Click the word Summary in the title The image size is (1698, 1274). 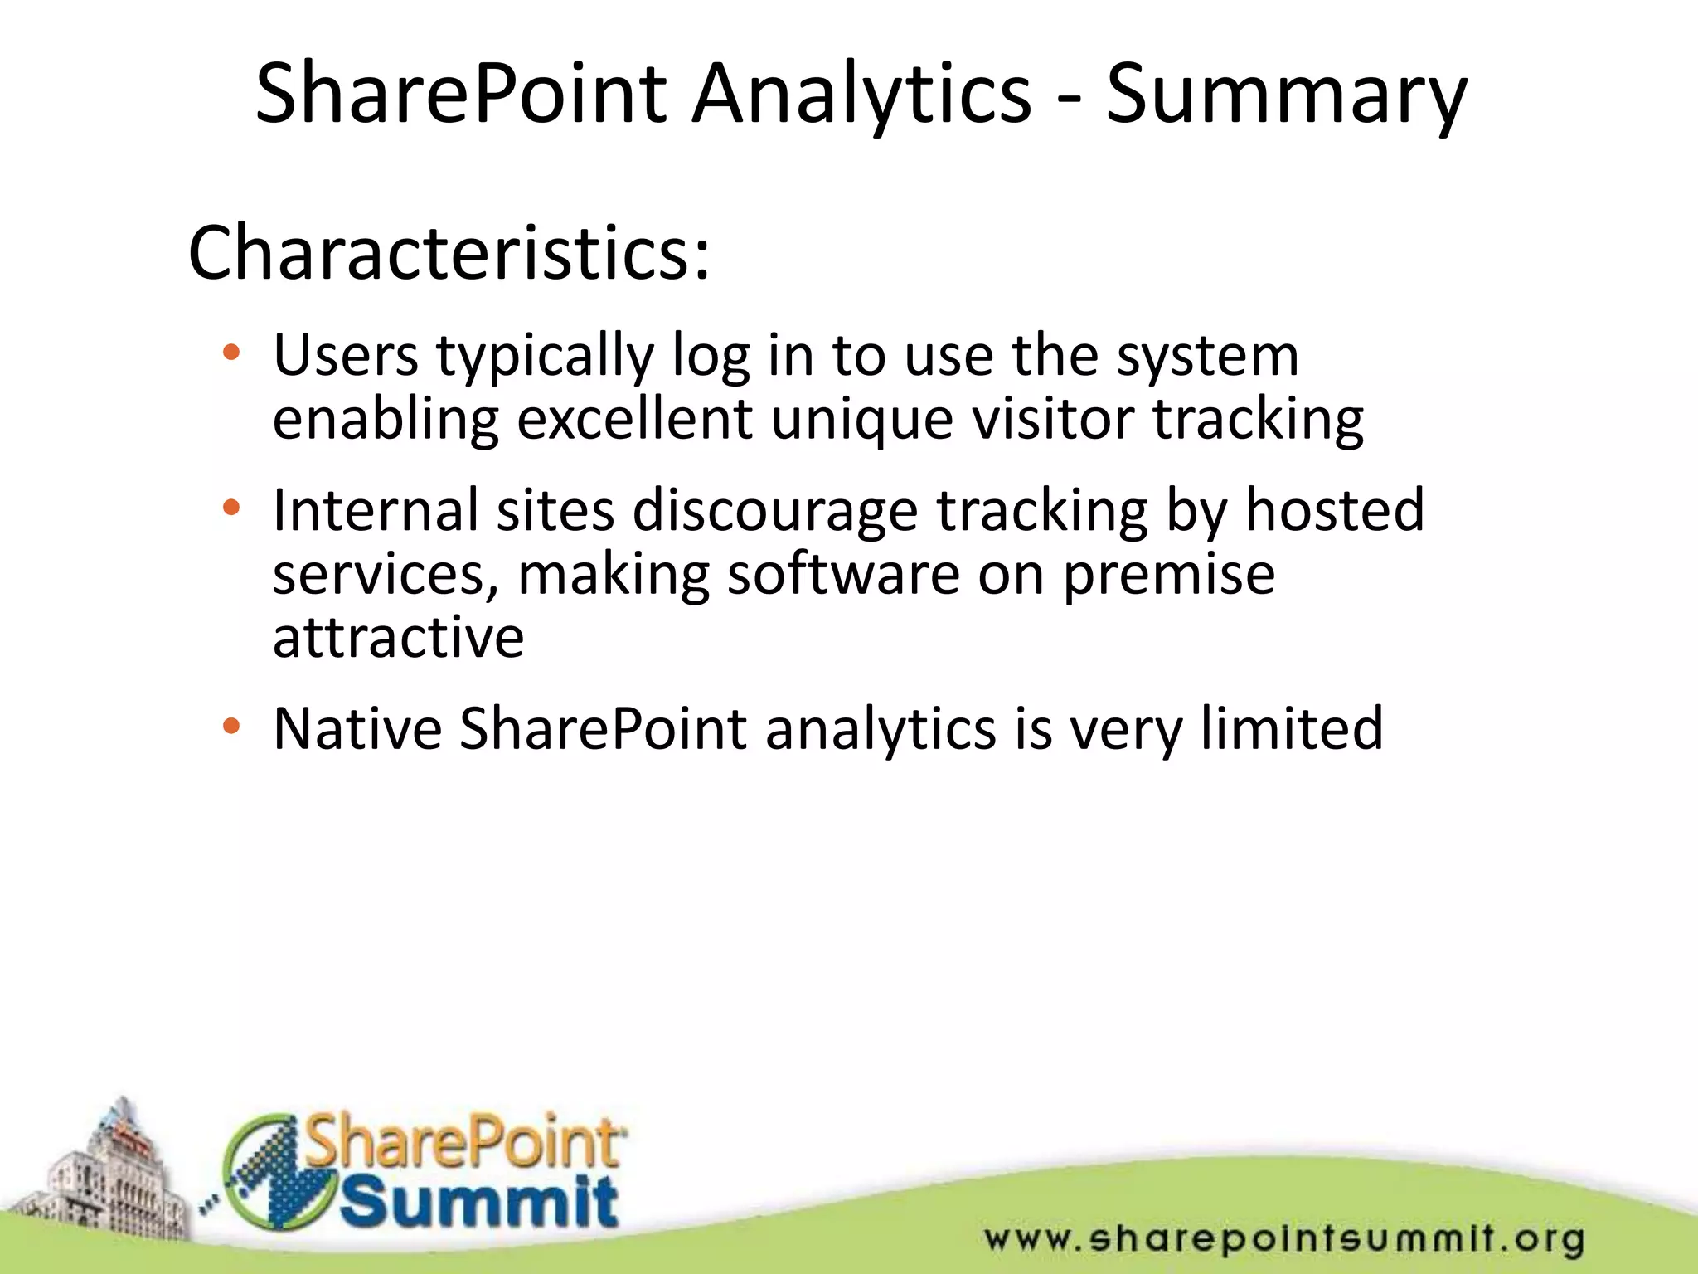[x=1286, y=94]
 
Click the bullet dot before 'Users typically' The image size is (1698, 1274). [x=231, y=353]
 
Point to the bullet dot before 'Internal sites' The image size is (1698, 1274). [x=231, y=507]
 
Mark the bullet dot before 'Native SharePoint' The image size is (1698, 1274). [x=231, y=727]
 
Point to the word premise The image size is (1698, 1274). [x=1169, y=575]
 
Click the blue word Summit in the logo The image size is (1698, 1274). [x=479, y=1202]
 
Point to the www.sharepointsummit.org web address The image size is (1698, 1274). [x=1284, y=1239]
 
